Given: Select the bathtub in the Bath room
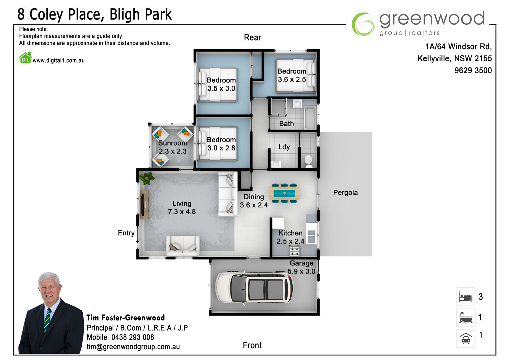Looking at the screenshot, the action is pyautogui.click(x=310, y=117).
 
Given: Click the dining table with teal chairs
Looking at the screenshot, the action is pyautogui.click(x=284, y=193).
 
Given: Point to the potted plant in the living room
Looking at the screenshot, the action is pyautogui.click(x=147, y=178).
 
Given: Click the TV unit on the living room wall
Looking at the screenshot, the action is pyautogui.click(x=144, y=204).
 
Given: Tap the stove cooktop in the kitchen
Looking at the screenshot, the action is pyautogui.click(x=295, y=251).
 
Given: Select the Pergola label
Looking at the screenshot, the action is pyautogui.click(x=345, y=192).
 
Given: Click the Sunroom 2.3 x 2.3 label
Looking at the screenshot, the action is pyautogui.click(x=172, y=147).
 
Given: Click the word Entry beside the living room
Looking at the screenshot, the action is pyautogui.click(x=126, y=233).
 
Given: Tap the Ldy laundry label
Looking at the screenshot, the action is pyautogui.click(x=284, y=147).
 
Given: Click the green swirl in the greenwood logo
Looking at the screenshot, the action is pyautogui.click(x=363, y=24).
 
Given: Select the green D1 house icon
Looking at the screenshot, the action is pyautogui.click(x=25, y=58).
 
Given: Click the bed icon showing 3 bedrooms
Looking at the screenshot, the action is pyautogui.click(x=466, y=297).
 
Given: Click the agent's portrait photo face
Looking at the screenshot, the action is pyautogui.click(x=49, y=288).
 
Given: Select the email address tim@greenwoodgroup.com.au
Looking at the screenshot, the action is pyautogui.click(x=133, y=347).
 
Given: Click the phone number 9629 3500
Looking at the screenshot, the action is pyautogui.click(x=473, y=70).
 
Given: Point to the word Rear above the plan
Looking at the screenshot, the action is pyautogui.click(x=253, y=37).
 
